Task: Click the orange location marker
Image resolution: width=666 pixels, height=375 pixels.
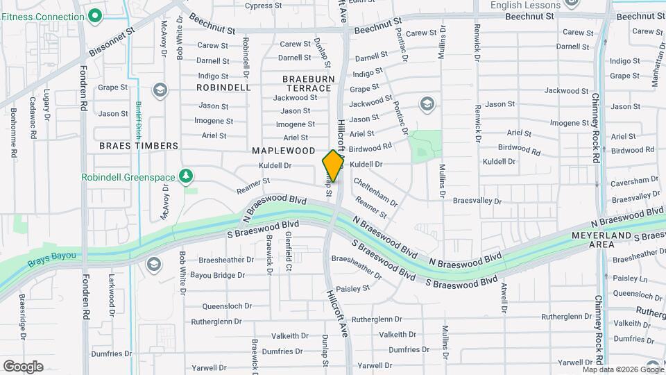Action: coord(333,166)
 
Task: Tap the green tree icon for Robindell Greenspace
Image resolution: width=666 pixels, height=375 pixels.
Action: coord(185,177)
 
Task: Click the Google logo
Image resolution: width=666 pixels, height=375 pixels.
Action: coord(23,366)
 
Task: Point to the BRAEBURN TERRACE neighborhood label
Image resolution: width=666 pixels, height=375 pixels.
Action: coord(307,83)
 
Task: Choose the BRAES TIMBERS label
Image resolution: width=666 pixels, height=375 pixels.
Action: coord(139,146)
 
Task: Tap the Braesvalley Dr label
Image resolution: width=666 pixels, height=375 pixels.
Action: coord(477,200)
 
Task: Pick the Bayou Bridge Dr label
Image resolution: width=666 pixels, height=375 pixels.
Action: coord(213,276)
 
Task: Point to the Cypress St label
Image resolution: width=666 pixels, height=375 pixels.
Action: coord(263,6)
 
